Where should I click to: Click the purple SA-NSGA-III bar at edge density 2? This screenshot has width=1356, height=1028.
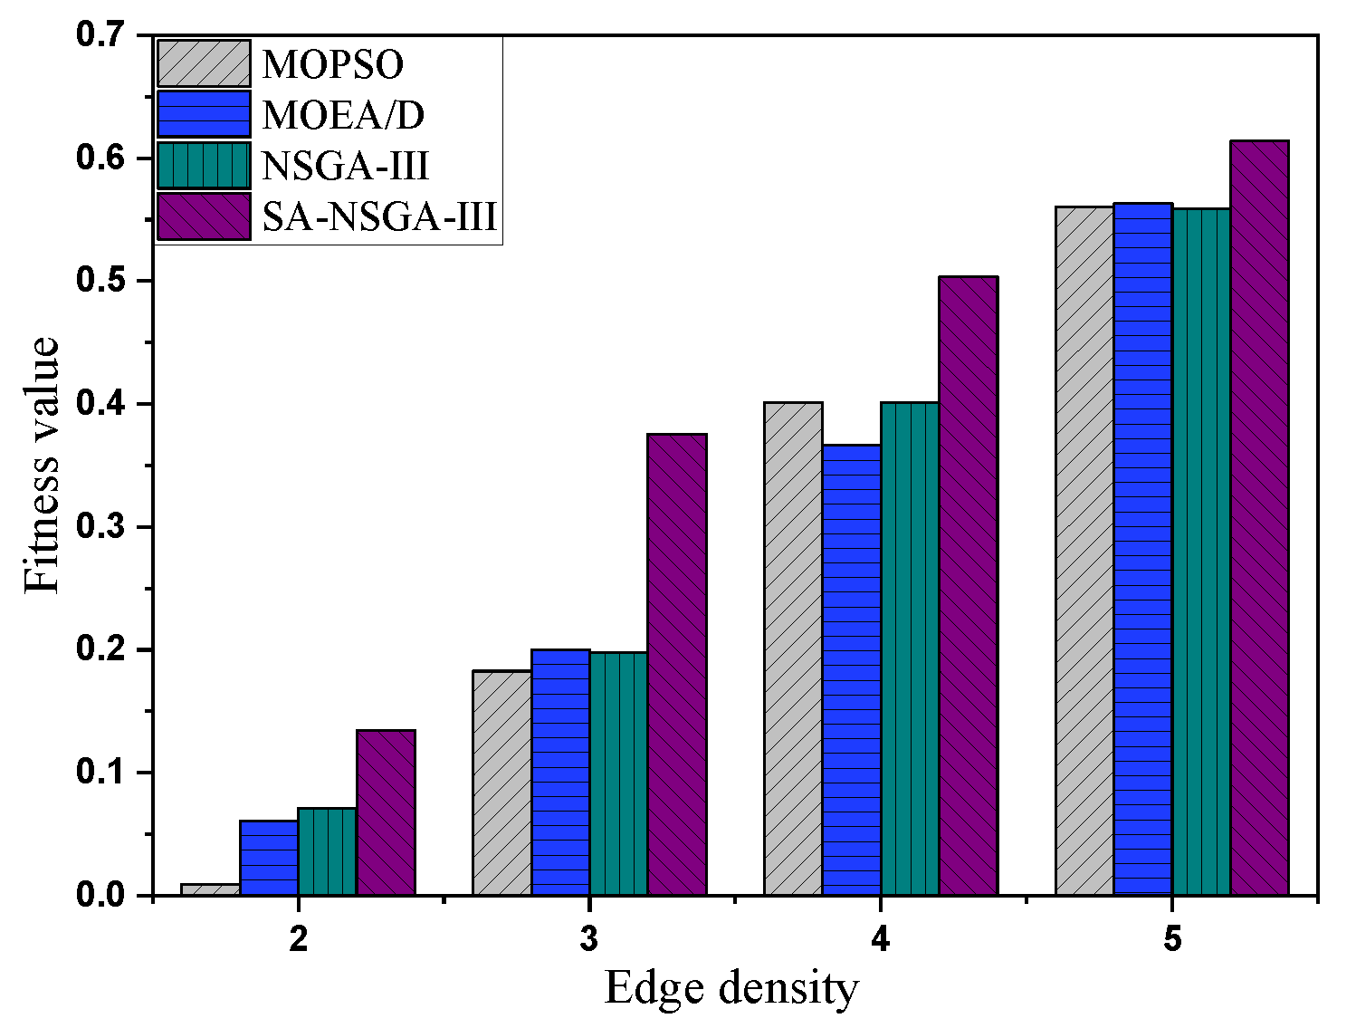click(386, 812)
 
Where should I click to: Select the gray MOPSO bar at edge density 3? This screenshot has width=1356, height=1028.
click(501, 783)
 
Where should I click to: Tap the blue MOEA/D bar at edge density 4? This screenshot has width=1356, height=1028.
click(851, 669)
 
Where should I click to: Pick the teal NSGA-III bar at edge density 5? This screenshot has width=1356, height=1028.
click(1200, 552)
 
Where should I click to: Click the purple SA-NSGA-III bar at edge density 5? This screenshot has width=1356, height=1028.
click(1259, 518)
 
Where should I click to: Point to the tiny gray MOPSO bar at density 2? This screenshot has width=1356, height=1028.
click(210, 889)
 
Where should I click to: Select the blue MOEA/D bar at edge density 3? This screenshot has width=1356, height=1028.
click(560, 773)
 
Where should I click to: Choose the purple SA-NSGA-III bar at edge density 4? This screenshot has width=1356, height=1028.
click(969, 586)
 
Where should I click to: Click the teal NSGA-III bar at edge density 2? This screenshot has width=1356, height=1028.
click(327, 851)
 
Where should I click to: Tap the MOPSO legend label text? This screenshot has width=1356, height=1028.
click(333, 64)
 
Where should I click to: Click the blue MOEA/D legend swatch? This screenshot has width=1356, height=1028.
click(204, 114)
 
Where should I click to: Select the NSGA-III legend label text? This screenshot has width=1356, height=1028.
click(345, 166)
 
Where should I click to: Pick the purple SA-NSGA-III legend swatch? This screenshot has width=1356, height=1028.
click(204, 216)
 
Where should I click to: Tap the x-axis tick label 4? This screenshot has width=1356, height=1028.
click(880, 940)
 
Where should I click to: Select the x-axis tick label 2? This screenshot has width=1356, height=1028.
click(298, 940)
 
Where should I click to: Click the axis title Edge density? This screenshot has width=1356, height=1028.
click(731, 988)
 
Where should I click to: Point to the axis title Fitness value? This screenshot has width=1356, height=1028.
click(42, 466)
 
